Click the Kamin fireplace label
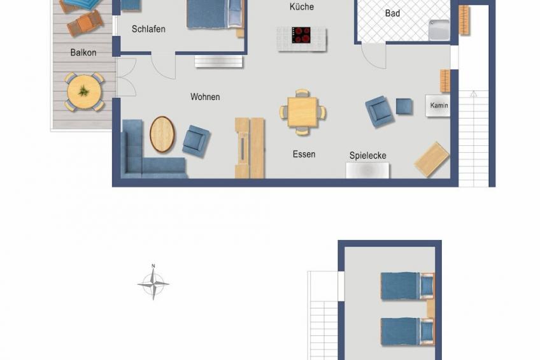[x=439, y=105]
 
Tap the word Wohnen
[x=205, y=97]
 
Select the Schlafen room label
[x=148, y=29]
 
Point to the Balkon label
[x=83, y=53]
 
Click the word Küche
[x=302, y=6]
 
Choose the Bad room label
[x=392, y=13]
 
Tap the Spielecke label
[x=368, y=155]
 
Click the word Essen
[x=304, y=154]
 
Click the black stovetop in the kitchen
[x=301, y=35]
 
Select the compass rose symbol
[x=153, y=284]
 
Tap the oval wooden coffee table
[x=162, y=134]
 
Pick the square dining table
[x=302, y=112]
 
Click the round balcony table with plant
[x=84, y=92]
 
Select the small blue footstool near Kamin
[x=404, y=106]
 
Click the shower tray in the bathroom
[x=439, y=30]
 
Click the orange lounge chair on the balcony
[x=85, y=23]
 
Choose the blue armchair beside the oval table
[x=195, y=141]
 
